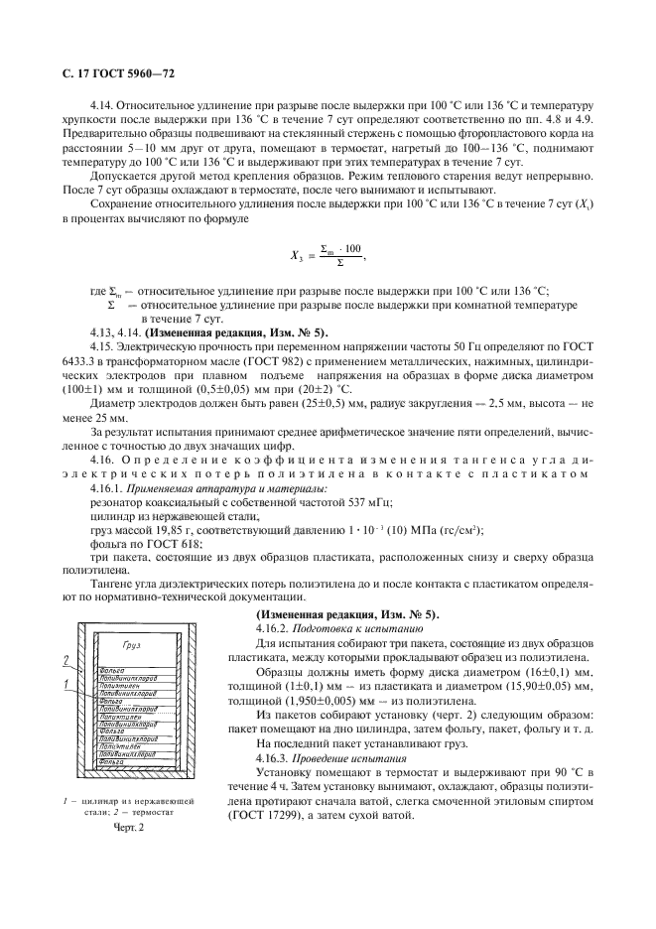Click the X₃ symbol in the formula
click(296, 256)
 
